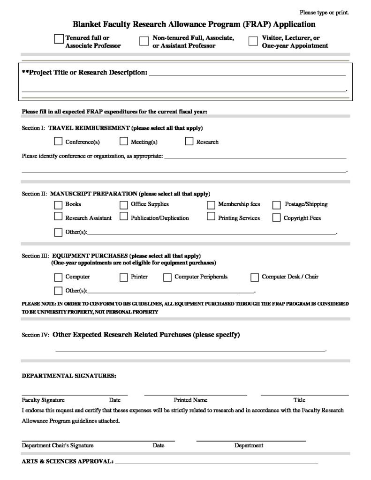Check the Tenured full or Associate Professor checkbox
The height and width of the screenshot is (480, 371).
tap(59, 38)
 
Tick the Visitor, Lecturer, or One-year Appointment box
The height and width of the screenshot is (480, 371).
tap(253, 41)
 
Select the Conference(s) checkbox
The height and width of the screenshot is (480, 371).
tap(59, 141)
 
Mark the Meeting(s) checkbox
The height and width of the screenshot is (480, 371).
tap(124, 141)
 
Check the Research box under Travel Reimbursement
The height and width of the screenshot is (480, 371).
tap(189, 141)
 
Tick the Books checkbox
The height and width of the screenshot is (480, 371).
tap(59, 204)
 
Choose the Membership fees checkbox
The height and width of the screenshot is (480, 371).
tap(211, 204)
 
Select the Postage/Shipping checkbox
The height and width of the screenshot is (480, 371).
tap(277, 204)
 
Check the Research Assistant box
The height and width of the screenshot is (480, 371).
tap(59, 217)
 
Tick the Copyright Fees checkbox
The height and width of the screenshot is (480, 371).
tap(277, 217)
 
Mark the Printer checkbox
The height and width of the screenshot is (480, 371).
tap(124, 277)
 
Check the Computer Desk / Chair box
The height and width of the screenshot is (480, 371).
tap(255, 277)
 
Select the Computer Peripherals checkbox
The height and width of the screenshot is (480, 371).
tap(167, 277)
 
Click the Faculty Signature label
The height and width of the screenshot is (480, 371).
tap(43, 400)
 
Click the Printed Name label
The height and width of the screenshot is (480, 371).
tap(190, 400)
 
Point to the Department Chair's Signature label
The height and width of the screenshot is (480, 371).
tap(58, 445)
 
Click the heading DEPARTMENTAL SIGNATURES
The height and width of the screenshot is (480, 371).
tap(69, 375)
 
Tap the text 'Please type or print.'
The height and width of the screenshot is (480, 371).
tap(324, 12)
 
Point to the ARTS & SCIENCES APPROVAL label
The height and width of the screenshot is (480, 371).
tap(68, 461)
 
